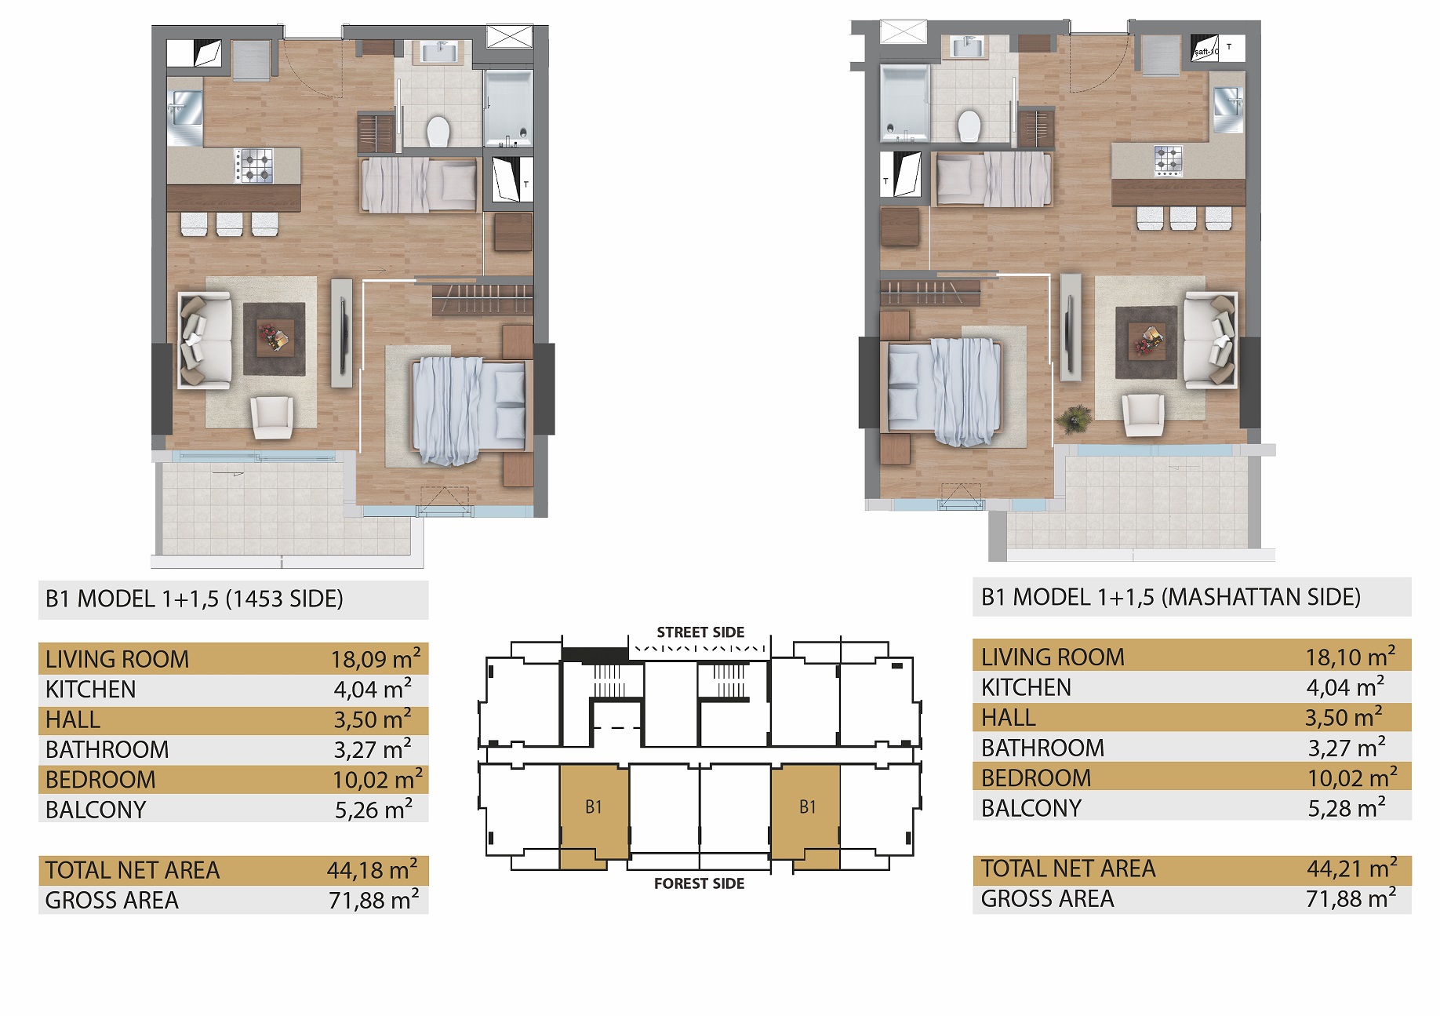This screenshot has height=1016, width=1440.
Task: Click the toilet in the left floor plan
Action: (x=438, y=131)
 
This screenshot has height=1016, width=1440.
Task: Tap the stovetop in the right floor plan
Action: (x=1168, y=160)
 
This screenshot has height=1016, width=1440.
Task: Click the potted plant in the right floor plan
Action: (x=1073, y=418)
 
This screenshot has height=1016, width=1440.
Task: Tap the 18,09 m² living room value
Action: (x=376, y=659)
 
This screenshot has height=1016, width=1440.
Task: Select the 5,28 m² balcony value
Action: (x=1346, y=808)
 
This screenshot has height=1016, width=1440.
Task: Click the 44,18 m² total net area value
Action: (x=373, y=870)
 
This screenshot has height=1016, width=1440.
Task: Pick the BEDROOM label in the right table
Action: (x=1035, y=778)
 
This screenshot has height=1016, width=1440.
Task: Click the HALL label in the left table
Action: (x=73, y=720)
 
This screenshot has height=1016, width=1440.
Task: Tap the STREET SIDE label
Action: (x=700, y=632)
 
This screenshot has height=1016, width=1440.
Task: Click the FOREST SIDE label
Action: (x=699, y=883)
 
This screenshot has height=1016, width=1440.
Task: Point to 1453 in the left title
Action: (x=258, y=599)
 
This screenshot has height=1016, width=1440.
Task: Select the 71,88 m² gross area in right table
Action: (x=1351, y=898)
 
